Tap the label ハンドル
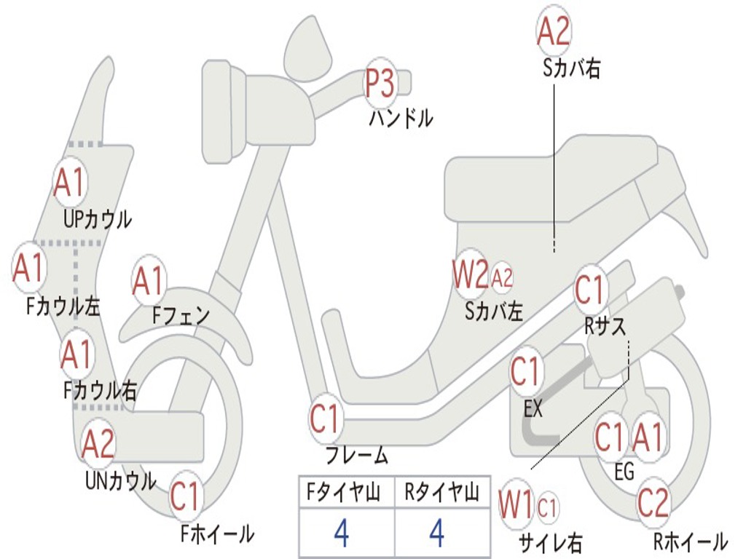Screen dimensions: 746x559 point(401,117)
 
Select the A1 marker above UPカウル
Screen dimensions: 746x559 point(71,183)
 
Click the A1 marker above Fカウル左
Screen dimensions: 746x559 point(29,268)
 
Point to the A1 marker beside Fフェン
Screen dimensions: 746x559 point(149,281)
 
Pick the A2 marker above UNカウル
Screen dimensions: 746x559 point(98,444)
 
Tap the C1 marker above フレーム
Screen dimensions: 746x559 point(326,420)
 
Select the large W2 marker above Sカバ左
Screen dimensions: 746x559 point(470,275)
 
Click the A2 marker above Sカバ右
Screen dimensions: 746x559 point(554,31)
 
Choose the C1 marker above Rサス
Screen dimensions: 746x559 point(591,290)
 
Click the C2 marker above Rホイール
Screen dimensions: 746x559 point(653,502)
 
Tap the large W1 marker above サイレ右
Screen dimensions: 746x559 point(517,504)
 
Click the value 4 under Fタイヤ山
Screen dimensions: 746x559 point(342,534)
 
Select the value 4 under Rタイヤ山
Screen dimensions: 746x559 point(437,534)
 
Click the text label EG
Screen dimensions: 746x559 point(624,472)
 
